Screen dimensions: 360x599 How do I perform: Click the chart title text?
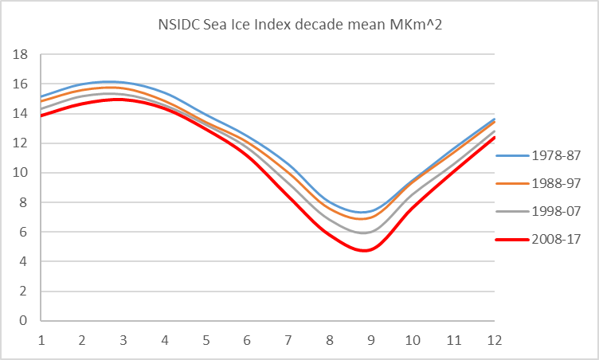click(299, 26)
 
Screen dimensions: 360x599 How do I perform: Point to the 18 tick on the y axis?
click(22, 54)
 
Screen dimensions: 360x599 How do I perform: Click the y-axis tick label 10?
click(22, 173)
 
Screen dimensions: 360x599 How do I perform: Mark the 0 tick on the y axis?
click(25, 321)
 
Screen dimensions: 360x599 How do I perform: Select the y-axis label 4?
click(25, 262)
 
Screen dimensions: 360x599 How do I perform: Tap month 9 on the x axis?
click(371, 340)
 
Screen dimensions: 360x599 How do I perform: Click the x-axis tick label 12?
click(495, 340)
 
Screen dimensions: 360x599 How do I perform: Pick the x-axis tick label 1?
click(41, 340)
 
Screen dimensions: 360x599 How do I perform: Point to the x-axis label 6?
click(247, 340)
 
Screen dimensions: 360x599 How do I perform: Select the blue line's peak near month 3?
click(112, 81)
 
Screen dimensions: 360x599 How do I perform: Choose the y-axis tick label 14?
click(22, 114)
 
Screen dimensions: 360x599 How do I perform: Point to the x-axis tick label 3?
click(123, 340)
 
